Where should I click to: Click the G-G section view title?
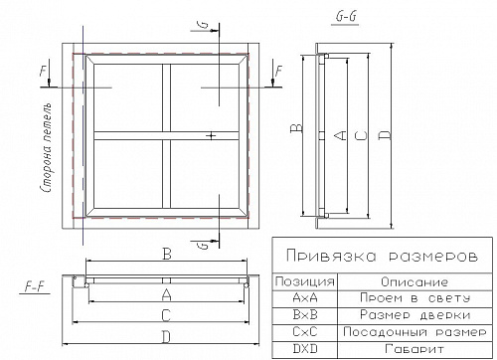346,17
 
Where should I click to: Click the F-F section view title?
35,286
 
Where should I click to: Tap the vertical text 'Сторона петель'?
46,148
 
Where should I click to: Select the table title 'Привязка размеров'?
382,257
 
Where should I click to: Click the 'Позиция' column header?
304,281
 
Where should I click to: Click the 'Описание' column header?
414,282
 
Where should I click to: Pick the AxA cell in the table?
305,298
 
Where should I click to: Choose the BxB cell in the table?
305,314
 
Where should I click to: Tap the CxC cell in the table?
305,331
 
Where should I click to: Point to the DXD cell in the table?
305,349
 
